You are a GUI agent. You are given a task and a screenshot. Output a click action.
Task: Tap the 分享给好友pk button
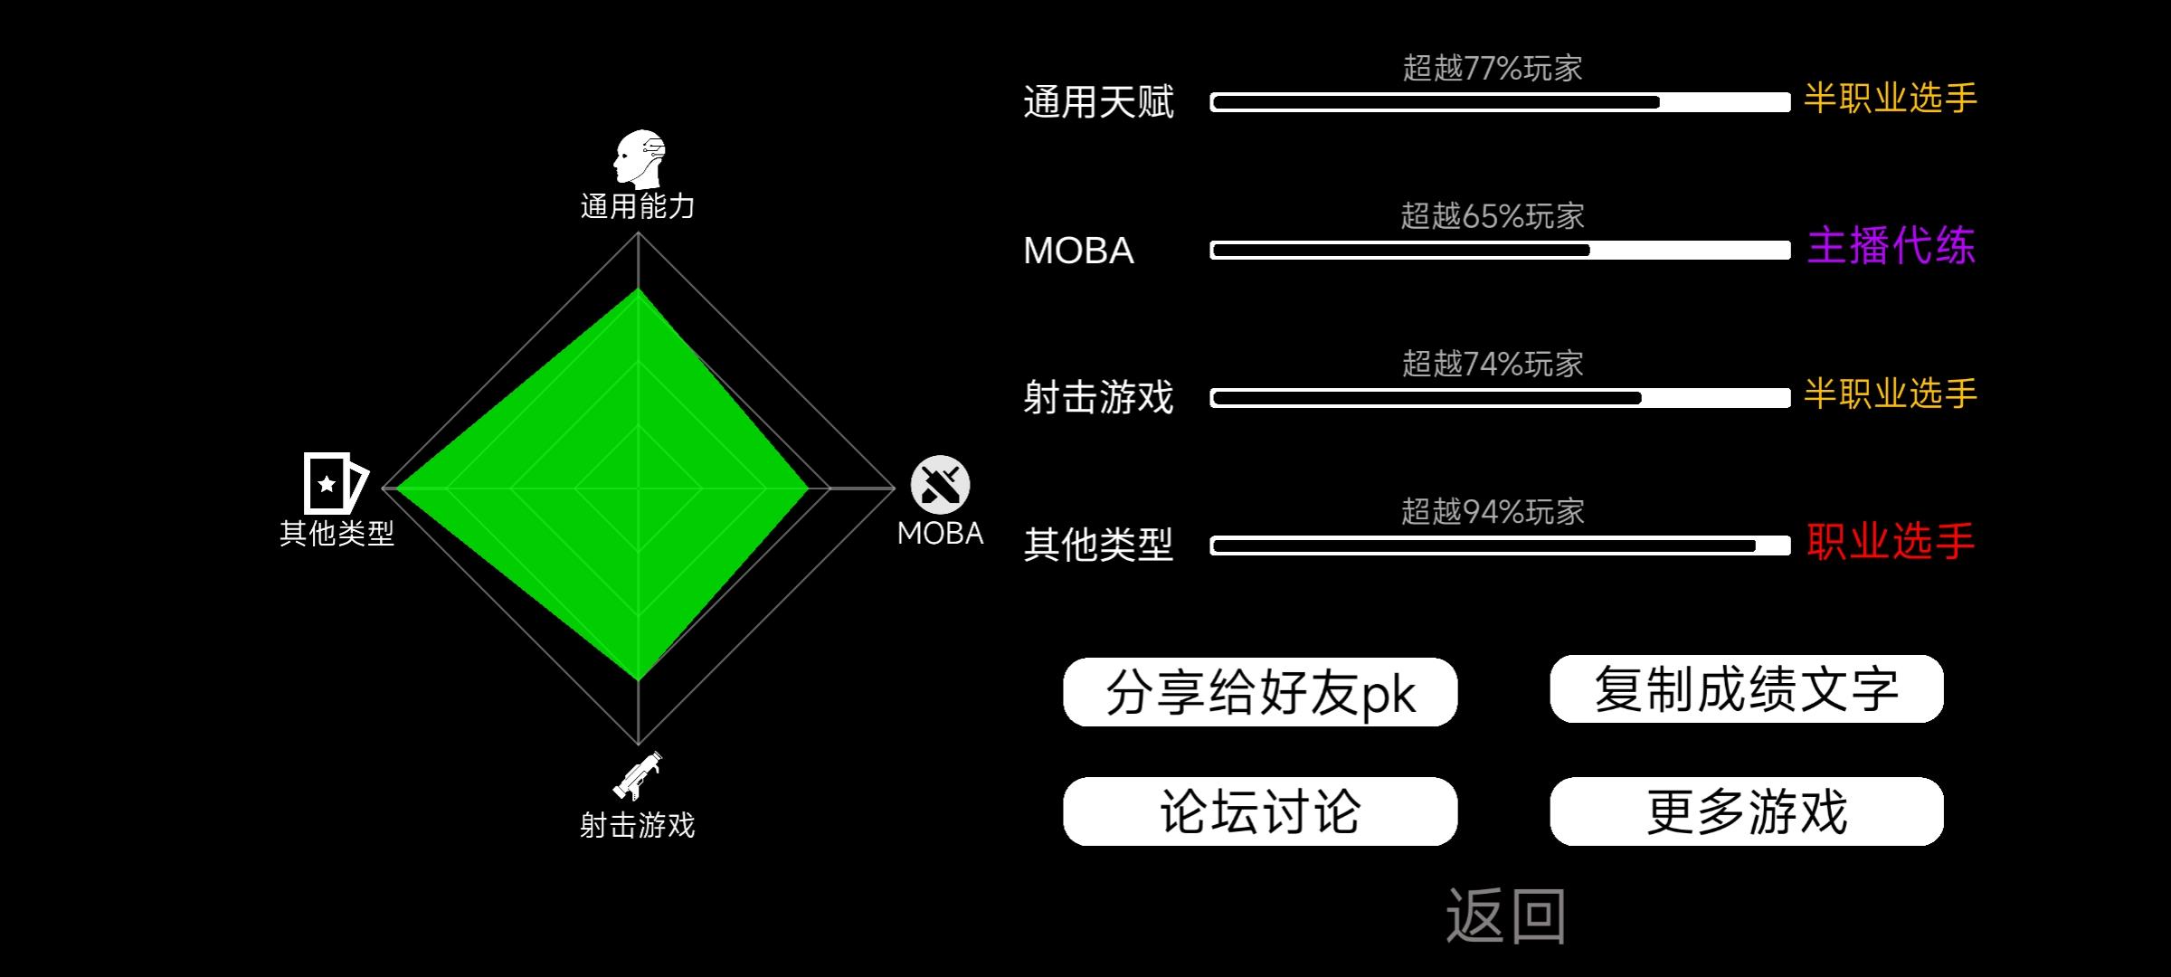click(1260, 692)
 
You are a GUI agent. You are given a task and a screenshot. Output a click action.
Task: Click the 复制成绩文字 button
click(1747, 689)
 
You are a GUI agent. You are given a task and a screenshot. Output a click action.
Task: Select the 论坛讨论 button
click(1260, 811)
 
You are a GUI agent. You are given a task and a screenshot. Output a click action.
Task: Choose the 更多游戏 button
click(1747, 811)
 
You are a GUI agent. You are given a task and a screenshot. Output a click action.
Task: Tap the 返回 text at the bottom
click(1506, 915)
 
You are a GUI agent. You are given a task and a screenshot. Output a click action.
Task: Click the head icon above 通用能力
click(639, 158)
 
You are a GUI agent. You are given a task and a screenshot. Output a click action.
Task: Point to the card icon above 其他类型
click(335, 483)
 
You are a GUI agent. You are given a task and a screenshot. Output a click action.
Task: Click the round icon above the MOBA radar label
click(940, 484)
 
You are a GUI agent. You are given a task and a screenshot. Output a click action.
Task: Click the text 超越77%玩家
click(1493, 68)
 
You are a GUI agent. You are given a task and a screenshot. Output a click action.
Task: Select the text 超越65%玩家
click(1493, 215)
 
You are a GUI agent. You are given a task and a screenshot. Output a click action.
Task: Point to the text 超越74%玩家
click(1493, 364)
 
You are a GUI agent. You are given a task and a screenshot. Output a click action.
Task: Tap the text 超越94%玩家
click(1493, 512)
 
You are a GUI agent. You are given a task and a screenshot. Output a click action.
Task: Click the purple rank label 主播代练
click(1891, 246)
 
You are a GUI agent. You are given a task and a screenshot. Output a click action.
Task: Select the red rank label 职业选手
click(1891, 541)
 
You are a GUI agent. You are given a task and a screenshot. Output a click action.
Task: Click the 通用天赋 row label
click(1098, 102)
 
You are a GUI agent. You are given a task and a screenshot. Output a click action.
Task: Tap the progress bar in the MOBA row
click(1501, 251)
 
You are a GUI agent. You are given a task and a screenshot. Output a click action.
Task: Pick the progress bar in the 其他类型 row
click(1501, 545)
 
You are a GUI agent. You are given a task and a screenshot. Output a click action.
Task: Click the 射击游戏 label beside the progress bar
click(1098, 397)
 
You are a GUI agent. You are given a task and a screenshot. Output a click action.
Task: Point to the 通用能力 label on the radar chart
click(638, 206)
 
